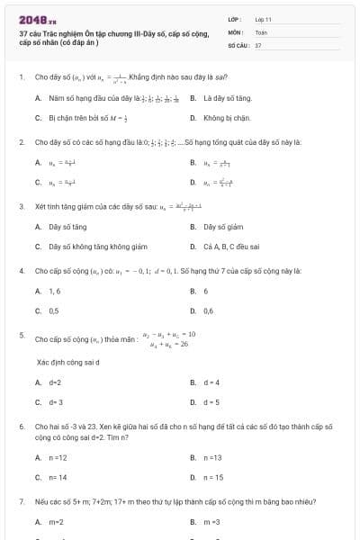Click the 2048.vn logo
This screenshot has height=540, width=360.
[x=31, y=19]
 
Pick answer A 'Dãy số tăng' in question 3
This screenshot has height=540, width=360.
[x=67, y=227]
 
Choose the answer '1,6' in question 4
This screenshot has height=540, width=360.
[x=55, y=291]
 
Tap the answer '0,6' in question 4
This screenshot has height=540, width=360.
[x=208, y=310]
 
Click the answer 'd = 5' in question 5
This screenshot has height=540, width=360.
[x=211, y=402]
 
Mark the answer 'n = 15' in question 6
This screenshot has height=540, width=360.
[x=213, y=477]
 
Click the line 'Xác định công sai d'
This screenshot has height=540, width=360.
[x=67, y=362]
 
